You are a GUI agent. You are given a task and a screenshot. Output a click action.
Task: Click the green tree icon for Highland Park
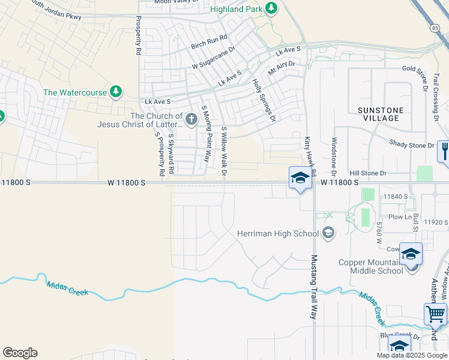(x=272, y=8)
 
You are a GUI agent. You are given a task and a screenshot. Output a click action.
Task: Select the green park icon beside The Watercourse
(x=115, y=92)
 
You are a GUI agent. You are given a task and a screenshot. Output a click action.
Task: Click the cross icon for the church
(x=191, y=119)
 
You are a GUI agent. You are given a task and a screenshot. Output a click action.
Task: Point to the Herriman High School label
(x=278, y=233)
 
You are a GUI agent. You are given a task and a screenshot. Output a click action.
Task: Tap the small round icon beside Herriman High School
(x=328, y=232)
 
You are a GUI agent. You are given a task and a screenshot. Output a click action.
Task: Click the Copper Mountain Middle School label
(x=370, y=266)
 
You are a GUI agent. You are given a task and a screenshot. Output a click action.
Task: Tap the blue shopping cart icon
(x=435, y=313)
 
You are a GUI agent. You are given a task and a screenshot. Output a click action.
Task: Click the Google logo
(x=20, y=353)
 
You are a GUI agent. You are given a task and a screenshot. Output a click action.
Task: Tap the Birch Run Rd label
(x=209, y=41)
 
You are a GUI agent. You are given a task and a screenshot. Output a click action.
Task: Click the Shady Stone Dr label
(x=411, y=145)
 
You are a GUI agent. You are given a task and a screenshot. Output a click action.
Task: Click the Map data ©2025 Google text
(x=412, y=355)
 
